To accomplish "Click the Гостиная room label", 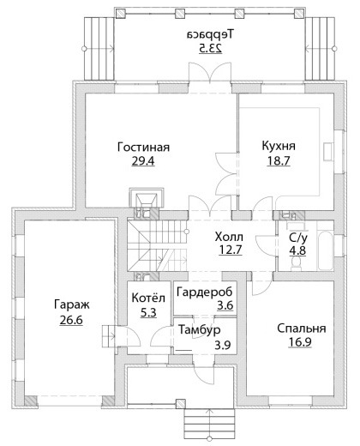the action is coord(143,148).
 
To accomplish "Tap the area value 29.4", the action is coord(143,161).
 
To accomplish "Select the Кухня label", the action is coord(279,146).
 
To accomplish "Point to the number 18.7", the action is coord(279,160).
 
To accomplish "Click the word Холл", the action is coord(229,237).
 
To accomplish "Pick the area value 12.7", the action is coord(231,250).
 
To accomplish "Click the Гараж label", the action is coord(71,304).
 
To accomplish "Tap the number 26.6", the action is coord(71,320).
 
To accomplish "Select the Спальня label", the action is coord(302,328).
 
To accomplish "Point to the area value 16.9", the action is coord(300,342).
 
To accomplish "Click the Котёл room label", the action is coord(148,298).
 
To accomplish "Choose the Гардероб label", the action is coord(205,292).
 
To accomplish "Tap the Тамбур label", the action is coord(200,330).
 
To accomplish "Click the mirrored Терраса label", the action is coord(210,34).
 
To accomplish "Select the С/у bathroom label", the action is coord(298,238).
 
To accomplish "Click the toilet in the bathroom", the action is coord(296,263).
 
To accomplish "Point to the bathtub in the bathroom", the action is coord(325,250).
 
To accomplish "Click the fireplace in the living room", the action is coord(147,197).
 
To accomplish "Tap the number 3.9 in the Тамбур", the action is coord(223,346).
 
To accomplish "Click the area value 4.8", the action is coord(297,250).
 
